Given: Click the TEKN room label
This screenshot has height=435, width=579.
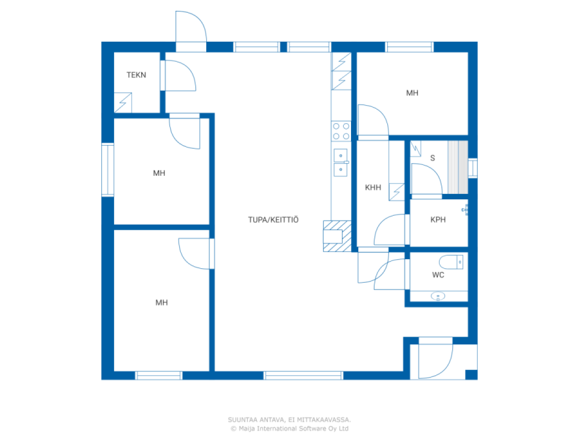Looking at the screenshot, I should pyautogui.click(x=136, y=75).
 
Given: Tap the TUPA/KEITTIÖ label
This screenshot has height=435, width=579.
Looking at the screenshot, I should pyautogui.click(x=273, y=220).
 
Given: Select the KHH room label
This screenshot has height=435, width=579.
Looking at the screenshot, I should pyautogui.click(x=373, y=188).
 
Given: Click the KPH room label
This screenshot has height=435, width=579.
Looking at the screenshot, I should pyautogui.click(x=438, y=220).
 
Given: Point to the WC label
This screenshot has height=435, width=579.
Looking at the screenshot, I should pyautogui.click(x=438, y=275).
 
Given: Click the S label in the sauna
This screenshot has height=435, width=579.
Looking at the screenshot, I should pyautogui.click(x=432, y=158).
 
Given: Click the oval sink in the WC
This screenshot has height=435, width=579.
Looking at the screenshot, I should pyautogui.click(x=438, y=296).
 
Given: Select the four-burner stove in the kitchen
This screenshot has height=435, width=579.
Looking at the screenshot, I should pyautogui.click(x=341, y=131).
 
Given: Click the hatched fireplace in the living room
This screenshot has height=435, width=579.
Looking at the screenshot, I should pyautogui.click(x=337, y=236).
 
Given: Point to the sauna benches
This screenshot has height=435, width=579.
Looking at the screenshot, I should pyautogui.click(x=457, y=167).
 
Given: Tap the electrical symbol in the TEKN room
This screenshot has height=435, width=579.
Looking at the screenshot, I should pyautogui.click(x=123, y=103).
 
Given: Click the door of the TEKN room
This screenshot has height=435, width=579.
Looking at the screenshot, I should pyautogui.click(x=177, y=76).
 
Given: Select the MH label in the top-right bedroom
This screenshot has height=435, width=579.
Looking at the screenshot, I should pyautogui.click(x=412, y=93).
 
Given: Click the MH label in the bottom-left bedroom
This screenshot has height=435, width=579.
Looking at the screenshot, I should pyautogui.click(x=161, y=303).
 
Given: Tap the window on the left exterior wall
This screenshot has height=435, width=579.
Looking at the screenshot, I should pyautogui.click(x=108, y=170).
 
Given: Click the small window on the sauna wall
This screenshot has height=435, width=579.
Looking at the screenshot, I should pyautogui.click(x=472, y=168).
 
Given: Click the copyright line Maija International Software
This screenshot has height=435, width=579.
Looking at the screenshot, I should pyautogui.click(x=289, y=428).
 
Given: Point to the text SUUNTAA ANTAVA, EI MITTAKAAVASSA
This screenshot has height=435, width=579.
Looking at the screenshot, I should pyautogui.click(x=289, y=420).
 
